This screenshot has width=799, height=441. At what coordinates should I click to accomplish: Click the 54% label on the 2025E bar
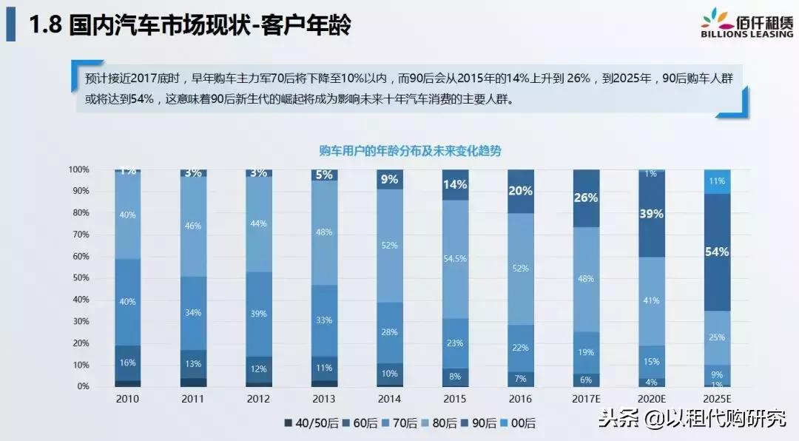pyautogui.click(x=717, y=252)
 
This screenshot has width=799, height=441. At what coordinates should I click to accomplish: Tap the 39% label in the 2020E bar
pyautogui.click(x=651, y=214)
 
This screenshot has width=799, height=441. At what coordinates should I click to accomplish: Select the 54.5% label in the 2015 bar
pyautogui.click(x=455, y=259)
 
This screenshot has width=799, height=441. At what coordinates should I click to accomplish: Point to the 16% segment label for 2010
pyautogui.click(x=128, y=363)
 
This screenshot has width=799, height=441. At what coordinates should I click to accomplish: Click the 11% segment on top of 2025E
pyautogui.click(x=717, y=181)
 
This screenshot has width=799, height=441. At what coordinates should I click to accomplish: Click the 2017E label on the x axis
pyautogui.click(x=586, y=398)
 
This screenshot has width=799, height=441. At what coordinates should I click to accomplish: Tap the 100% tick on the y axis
pyautogui.click(x=78, y=169)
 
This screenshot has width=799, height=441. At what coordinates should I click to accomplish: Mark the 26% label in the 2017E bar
pyautogui.click(x=586, y=198)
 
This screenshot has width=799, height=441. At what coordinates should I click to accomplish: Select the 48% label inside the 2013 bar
pyautogui.click(x=323, y=232)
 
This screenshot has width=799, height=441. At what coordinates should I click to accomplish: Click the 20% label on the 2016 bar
pyautogui.click(x=520, y=191)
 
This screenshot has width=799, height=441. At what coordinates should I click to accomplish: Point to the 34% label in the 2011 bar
pyautogui.click(x=193, y=312)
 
